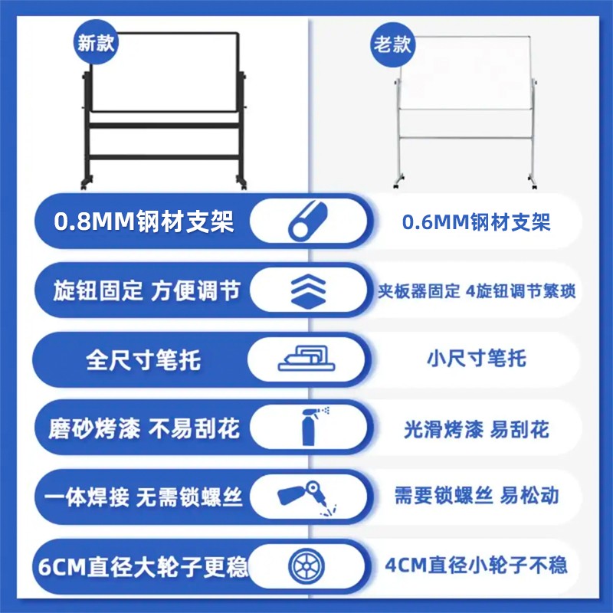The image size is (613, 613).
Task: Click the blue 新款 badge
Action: (x=96, y=42)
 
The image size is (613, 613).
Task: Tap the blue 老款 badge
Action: (x=392, y=44)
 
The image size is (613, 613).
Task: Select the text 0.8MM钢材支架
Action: (x=144, y=221)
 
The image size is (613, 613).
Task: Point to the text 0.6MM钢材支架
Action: (x=476, y=222)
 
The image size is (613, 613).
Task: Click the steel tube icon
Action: (x=308, y=221)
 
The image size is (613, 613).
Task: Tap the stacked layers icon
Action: (x=309, y=291)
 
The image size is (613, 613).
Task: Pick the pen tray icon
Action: (x=306, y=359)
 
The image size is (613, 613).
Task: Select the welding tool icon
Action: (x=307, y=497)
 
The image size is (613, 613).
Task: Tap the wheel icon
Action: (x=306, y=565)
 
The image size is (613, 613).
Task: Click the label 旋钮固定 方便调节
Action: (x=146, y=291)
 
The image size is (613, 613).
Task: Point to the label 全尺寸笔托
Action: (x=143, y=360)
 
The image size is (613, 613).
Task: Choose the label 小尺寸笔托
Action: (x=476, y=359)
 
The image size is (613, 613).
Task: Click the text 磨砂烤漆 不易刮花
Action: (x=144, y=428)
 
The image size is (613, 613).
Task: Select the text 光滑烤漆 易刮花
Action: (x=476, y=429)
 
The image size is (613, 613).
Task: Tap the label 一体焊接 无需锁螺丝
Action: (x=143, y=497)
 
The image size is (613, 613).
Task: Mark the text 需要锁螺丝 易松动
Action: (x=476, y=496)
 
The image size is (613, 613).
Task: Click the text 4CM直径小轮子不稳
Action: (x=476, y=565)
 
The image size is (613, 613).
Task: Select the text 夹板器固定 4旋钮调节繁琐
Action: (x=476, y=291)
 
